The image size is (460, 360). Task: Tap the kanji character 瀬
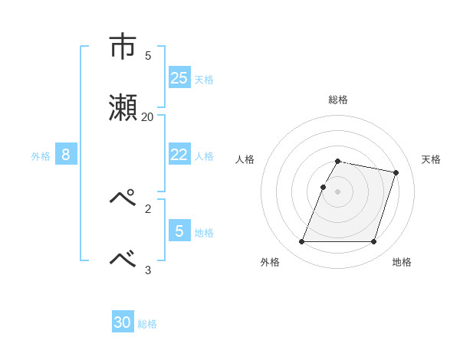(x=123, y=108)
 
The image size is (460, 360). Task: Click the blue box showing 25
(x=179, y=77)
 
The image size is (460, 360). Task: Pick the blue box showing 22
(x=179, y=155)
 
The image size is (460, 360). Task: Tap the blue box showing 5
(x=179, y=231)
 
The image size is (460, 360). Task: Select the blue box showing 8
(x=66, y=155)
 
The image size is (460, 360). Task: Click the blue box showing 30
(x=123, y=322)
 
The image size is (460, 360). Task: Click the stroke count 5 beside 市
(x=147, y=55)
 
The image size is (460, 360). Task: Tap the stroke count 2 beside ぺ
(x=147, y=208)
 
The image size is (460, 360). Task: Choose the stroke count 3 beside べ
(x=147, y=269)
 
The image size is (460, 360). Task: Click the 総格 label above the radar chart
(x=338, y=100)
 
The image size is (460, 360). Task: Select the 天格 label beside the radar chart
(x=431, y=159)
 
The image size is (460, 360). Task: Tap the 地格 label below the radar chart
(x=402, y=262)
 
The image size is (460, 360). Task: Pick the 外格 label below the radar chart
(x=270, y=262)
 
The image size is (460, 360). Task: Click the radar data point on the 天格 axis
(x=396, y=173)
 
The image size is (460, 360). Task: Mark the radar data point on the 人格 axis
(x=324, y=187)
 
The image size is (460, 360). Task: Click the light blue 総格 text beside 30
(x=147, y=324)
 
